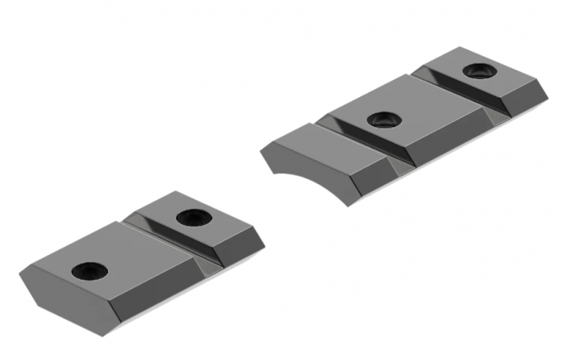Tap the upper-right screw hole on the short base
coord(192,217)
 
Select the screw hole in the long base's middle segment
coord(383,119)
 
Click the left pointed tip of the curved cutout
coord(261,153)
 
